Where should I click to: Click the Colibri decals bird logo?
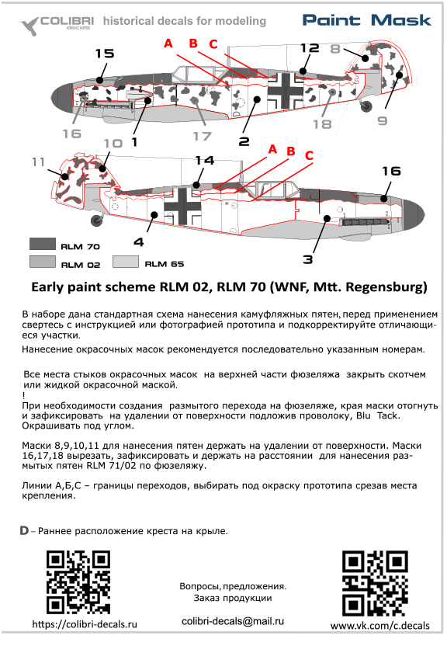click(29, 26)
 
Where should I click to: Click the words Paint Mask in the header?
click(367, 20)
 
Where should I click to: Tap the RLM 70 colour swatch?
click(43, 244)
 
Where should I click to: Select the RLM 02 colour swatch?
click(43, 262)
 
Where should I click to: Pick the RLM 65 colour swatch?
click(126, 262)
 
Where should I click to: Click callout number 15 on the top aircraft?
click(105, 54)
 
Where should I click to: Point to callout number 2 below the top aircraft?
click(244, 142)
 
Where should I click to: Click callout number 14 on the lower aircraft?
click(205, 160)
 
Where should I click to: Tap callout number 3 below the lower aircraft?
click(308, 259)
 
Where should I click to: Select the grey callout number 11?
click(38, 162)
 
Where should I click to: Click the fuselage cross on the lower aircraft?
click(182, 206)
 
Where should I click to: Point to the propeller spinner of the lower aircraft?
click(413, 214)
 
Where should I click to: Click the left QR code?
click(78, 582)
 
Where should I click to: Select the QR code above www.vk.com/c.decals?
click(375, 583)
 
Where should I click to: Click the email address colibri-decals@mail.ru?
click(233, 621)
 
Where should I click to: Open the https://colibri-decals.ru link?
click(85, 624)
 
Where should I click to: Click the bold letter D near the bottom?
click(24, 530)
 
